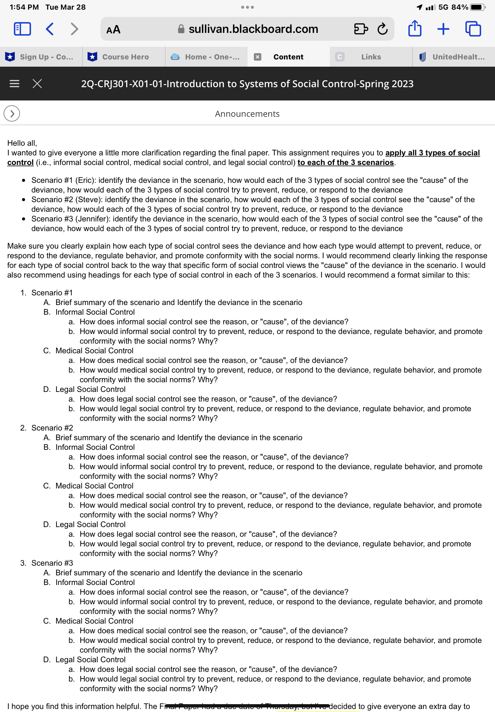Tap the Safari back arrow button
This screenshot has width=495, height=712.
pyautogui.click(x=50, y=29)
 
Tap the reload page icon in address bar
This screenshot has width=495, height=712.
pyautogui.click(x=382, y=29)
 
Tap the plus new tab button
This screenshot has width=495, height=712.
pyautogui.click(x=443, y=29)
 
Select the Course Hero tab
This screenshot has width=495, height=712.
pyautogui.click(x=123, y=57)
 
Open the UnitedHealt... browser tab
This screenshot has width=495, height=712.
pyautogui.click(x=453, y=57)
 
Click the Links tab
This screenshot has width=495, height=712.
pyautogui.click(x=371, y=57)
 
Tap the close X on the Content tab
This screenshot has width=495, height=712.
pyautogui.click(x=257, y=57)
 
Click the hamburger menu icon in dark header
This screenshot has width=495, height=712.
pyautogui.click(x=14, y=84)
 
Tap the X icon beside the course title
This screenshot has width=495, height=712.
pyautogui.click(x=37, y=84)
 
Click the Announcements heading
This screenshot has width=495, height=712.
pyautogui.click(x=247, y=114)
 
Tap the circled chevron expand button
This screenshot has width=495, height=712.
pyautogui.click(x=12, y=114)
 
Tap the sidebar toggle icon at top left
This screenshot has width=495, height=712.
pyautogui.click(x=22, y=29)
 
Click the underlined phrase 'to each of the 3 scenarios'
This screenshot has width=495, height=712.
pyautogui.click(x=346, y=162)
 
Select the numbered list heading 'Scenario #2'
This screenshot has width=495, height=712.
pyautogui.click(x=52, y=428)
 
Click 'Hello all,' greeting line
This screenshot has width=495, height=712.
pyautogui.click(x=22, y=143)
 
